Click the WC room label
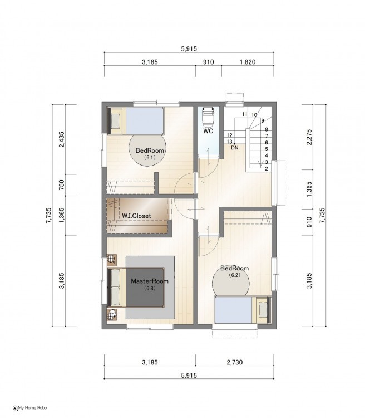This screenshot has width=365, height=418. tap(208, 131)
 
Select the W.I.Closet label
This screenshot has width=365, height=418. tap(136, 216)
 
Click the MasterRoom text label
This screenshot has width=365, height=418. tap(150, 281)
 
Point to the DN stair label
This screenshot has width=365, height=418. tap(235, 147)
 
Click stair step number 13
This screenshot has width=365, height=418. tap(229, 142)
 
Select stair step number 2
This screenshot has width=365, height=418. tap(267, 169)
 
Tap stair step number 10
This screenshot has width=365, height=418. tap(254, 115)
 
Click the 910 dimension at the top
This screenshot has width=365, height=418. tap(209, 62)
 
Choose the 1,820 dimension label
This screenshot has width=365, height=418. tap(248, 62)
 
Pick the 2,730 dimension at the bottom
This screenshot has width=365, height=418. tap(235, 362)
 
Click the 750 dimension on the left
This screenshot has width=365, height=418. tap(62, 184)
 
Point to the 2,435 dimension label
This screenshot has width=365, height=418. tap(62, 139)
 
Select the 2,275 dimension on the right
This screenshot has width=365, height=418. tap(309, 137)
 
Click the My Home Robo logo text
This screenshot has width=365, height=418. tap(32, 407)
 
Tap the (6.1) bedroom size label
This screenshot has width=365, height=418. tap(150, 157)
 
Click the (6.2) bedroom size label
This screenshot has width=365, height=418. tap(235, 275)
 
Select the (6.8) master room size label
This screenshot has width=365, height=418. tap(150, 288)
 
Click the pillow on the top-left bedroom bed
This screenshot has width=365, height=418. tap(116, 121)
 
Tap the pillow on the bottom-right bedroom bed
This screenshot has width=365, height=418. tap(263, 310)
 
